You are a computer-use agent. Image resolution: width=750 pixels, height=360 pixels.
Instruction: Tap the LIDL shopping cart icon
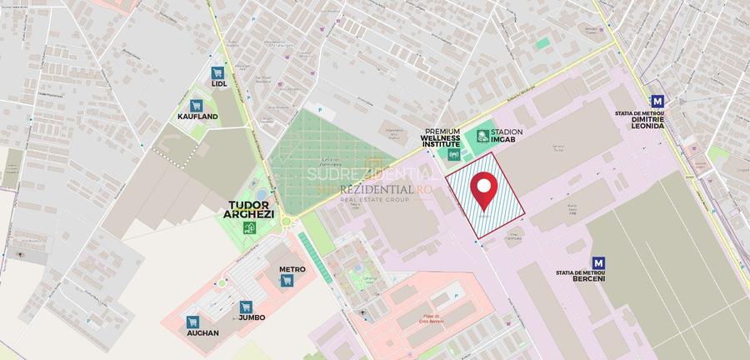tap(219, 72)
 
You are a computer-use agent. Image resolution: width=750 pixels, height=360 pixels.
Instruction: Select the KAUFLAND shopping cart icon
tap(197, 106)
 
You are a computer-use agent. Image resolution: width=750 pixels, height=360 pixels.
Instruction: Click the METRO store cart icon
tap(287, 281)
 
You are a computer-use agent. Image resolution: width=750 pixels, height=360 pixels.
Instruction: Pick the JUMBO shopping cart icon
tap(245, 307)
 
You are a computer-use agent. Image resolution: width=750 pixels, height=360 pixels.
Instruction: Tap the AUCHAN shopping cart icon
tap(192, 322)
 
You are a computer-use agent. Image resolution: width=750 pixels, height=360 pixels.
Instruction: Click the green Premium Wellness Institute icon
tap(454, 154)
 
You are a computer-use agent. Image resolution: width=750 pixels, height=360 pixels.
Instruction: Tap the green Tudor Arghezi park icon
tap(248, 227)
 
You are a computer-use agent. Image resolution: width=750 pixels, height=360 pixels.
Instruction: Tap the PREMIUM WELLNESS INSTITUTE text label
tap(442, 137)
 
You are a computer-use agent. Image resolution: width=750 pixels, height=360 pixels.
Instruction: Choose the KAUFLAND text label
tap(197, 117)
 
